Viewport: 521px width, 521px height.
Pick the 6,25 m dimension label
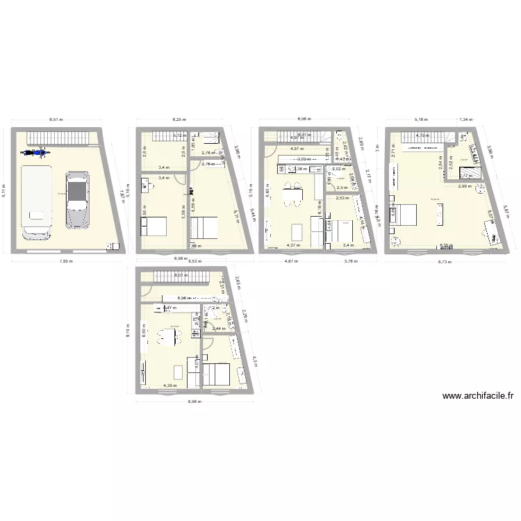(180, 119)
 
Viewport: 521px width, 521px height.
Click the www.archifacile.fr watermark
(478, 397)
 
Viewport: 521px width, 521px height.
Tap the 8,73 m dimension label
(444, 262)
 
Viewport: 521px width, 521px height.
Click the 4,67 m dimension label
(292, 262)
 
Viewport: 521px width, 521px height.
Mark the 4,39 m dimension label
(169, 386)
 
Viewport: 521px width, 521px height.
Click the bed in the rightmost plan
(407, 213)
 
